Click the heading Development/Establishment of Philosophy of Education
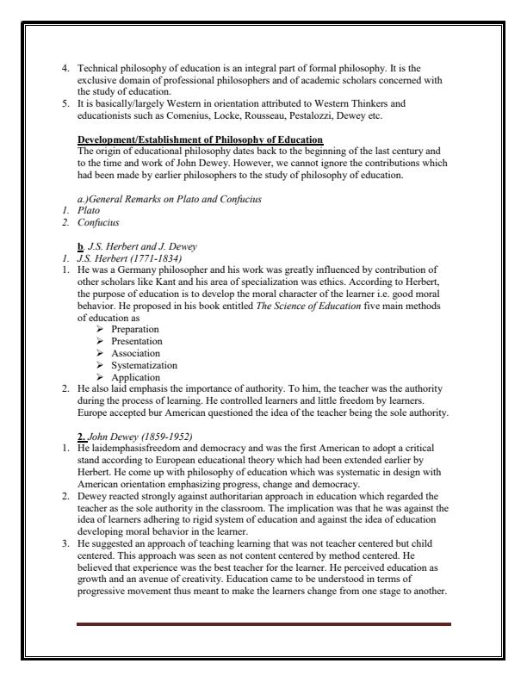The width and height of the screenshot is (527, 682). click(x=200, y=139)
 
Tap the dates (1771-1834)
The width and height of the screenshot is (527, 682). click(x=146, y=256)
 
